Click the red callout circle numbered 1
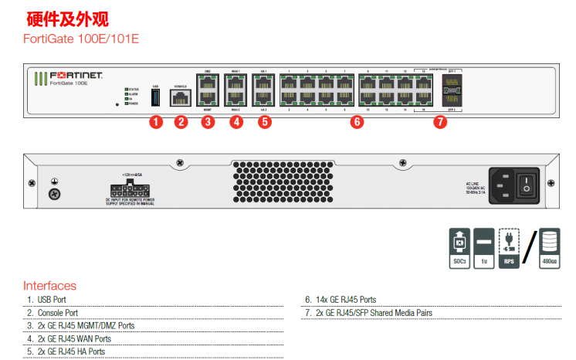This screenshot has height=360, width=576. coord(156,121)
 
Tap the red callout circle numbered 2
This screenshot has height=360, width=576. coord(181,121)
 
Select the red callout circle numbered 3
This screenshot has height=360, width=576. coord(208,121)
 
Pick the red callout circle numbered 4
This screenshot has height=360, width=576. coord(236,121)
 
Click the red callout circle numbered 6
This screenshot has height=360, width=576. coord(356,121)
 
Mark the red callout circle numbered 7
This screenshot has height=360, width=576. coord(440,121)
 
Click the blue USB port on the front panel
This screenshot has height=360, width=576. coord(156,97)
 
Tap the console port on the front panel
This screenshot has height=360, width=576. coord(181,97)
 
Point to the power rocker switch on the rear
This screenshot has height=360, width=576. coord(527,184)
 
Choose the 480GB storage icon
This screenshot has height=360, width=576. coord(549,248)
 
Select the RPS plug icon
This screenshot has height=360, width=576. coord(509,248)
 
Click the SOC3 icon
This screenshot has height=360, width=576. coord(459,248)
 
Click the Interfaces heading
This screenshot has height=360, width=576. coord(50,286)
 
